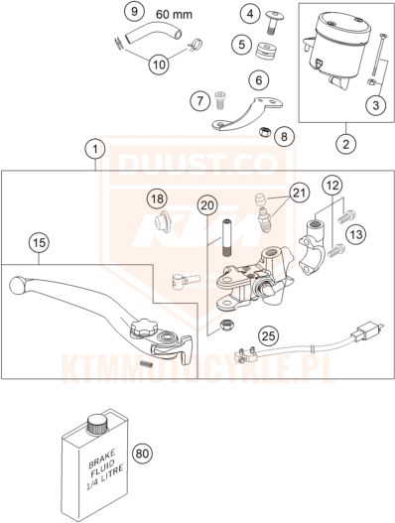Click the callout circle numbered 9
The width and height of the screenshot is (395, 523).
[134, 12]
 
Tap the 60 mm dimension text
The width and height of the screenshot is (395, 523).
[174, 14]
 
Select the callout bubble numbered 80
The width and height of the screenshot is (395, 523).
[143, 454]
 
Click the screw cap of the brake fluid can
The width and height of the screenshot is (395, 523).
[97, 425]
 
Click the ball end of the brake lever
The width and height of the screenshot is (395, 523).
[19, 286]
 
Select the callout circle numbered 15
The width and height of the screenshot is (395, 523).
[40, 242]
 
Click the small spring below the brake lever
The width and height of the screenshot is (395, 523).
[147, 364]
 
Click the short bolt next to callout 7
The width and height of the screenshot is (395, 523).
[219, 99]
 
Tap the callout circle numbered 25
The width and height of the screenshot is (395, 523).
[269, 336]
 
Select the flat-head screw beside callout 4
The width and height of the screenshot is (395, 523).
[274, 22]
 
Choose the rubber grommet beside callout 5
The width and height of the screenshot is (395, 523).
[266, 51]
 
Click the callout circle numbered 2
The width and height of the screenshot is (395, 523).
[345, 145]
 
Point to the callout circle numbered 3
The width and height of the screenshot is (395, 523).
[376, 105]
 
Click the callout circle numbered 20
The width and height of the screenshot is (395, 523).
[207, 205]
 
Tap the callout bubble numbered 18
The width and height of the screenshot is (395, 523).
[158, 199]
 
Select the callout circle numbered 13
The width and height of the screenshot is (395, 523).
[355, 234]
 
